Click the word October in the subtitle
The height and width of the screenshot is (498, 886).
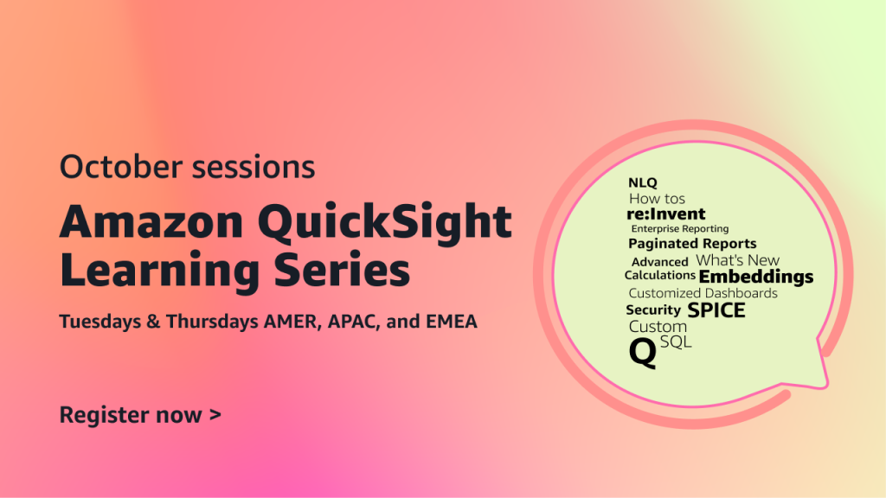pos(121,167)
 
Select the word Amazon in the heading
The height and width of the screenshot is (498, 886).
pos(151,222)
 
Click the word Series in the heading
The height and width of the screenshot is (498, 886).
pos(342,270)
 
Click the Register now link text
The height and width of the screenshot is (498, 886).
pos(131,416)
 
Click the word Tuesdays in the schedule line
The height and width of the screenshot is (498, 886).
pos(100,322)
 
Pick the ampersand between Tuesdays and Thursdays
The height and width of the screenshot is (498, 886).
pos(153,322)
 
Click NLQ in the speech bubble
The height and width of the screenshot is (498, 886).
pos(643,183)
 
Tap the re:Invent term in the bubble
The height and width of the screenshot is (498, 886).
pos(666,214)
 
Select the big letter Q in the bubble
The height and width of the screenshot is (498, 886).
pos(643,354)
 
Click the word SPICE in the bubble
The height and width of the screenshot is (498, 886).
pos(716,310)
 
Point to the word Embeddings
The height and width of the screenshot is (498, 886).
pos(756,277)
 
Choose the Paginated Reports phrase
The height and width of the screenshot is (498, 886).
pos(692,244)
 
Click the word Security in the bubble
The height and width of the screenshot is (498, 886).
pos(653,310)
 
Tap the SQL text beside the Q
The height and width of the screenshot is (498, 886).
pos(676,342)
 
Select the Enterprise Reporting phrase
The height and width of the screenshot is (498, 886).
pos(680,228)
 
